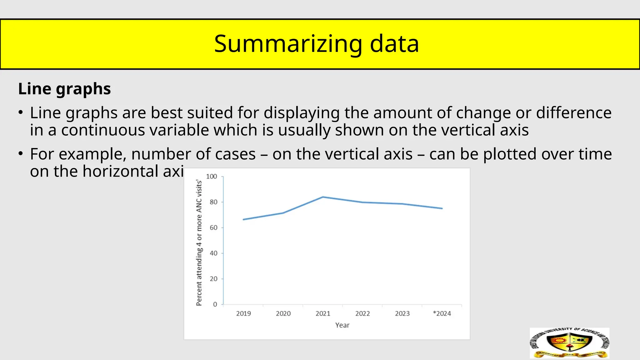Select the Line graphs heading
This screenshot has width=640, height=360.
[x=64, y=89]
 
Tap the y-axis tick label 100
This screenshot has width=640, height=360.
[x=212, y=177]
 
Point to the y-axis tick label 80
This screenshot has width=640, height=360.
[x=213, y=202]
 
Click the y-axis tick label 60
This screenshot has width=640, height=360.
[x=213, y=228]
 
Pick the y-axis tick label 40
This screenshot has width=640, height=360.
[x=213, y=253]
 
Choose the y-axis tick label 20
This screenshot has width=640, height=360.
[x=213, y=279]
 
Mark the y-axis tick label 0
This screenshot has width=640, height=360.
[x=215, y=304]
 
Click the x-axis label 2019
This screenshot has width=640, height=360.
[x=243, y=313]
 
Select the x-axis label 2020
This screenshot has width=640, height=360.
[x=283, y=313]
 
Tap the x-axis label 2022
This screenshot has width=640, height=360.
[x=362, y=313]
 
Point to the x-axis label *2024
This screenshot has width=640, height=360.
[x=442, y=313]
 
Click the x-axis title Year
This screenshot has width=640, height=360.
[x=342, y=325]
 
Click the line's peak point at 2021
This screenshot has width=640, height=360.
[x=323, y=197]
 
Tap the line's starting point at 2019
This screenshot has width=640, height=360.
[x=243, y=219]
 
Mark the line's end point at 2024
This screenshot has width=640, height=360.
[x=442, y=208]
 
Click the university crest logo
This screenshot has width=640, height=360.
[x=569, y=343]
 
